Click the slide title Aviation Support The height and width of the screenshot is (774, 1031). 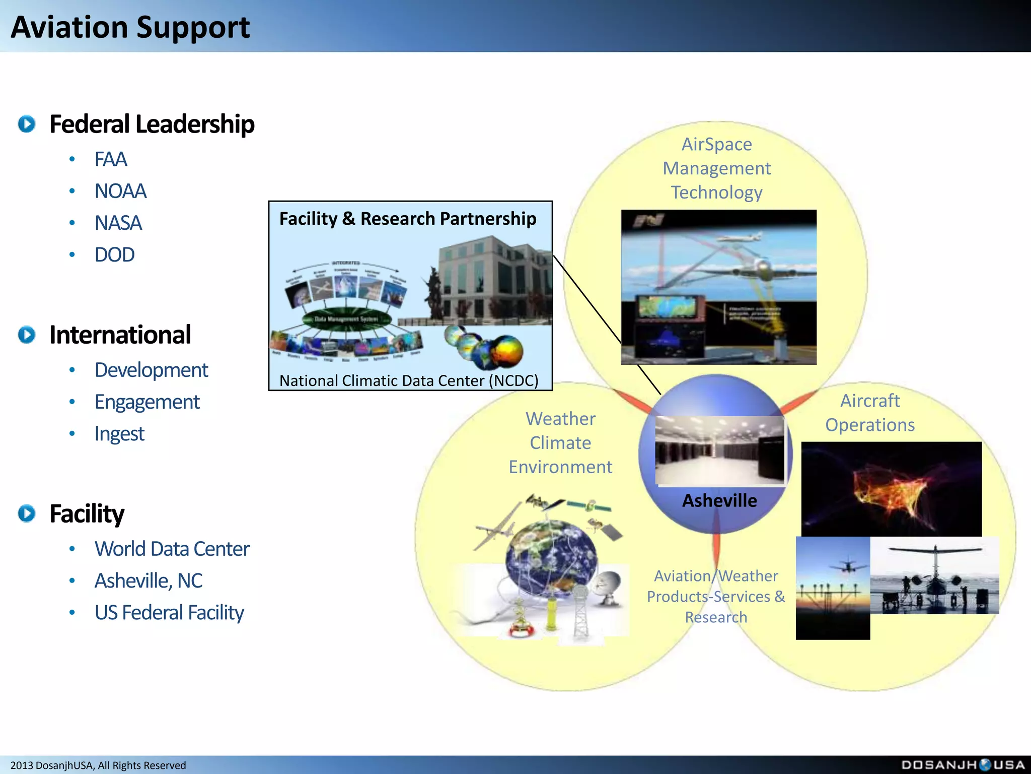pyautogui.click(x=130, y=27)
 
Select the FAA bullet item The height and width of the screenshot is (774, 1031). pyautogui.click(x=111, y=159)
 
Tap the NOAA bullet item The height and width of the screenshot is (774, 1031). pyautogui.click(x=120, y=191)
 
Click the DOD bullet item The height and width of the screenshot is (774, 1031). pyautogui.click(x=114, y=254)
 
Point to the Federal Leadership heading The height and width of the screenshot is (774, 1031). pyautogui.click(x=152, y=124)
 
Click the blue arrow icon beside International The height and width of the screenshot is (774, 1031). pyautogui.click(x=27, y=335)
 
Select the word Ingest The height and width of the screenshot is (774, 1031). pyautogui.click(x=119, y=434)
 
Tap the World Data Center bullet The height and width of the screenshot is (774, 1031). pyautogui.click(x=172, y=549)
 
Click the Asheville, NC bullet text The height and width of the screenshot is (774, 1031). pyautogui.click(x=149, y=580)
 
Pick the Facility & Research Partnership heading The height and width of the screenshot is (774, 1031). pyautogui.click(x=408, y=219)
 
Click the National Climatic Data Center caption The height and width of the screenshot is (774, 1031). pyautogui.click(x=409, y=380)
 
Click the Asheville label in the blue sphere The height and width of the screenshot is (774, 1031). pyautogui.click(x=719, y=500)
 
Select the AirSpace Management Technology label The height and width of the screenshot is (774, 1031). pyautogui.click(x=716, y=168)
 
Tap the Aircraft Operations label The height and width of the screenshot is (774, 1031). pyautogui.click(x=870, y=413)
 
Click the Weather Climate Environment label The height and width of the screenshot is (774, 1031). pyautogui.click(x=560, y=443)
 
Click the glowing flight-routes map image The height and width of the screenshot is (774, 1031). pyautogui.click(x=891, y=489)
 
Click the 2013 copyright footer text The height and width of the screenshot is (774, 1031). pyautogui.click(x=98, y=765)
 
